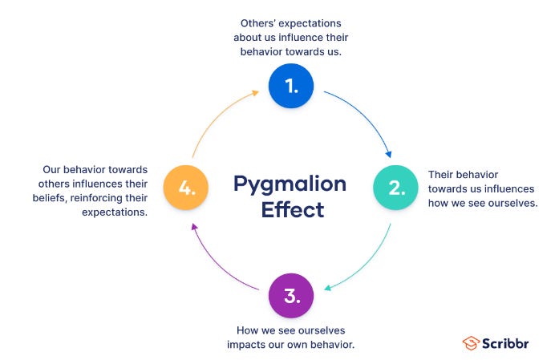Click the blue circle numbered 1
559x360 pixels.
291,85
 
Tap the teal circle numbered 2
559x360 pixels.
396,188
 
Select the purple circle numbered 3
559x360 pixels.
291,295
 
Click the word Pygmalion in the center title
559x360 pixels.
290,184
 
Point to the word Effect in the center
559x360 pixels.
291,210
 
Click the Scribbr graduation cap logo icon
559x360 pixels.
472,343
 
